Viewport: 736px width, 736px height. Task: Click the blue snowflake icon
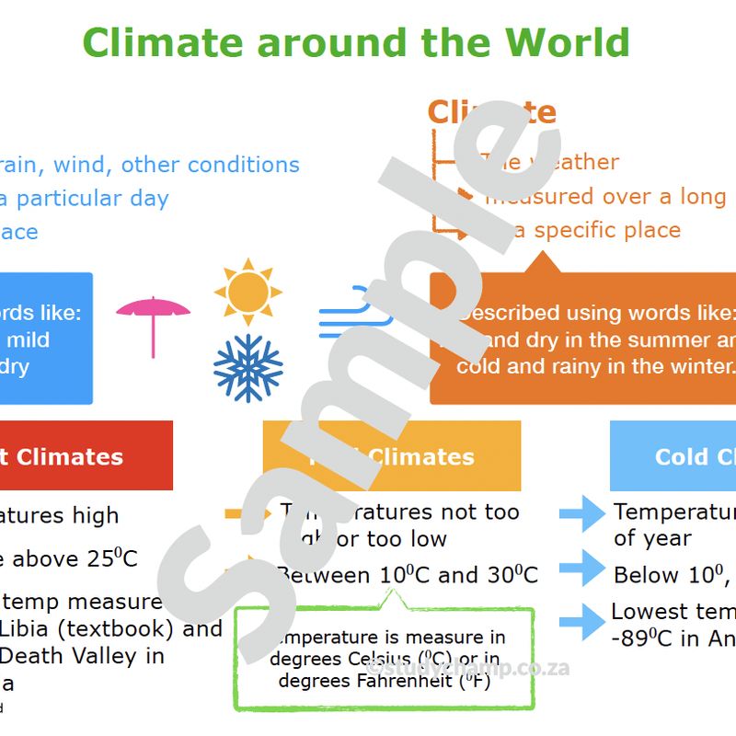(x=247, y=368)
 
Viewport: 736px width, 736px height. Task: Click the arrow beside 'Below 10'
(x=582, y=569)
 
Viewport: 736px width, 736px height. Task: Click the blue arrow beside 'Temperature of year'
(x=582, y=515)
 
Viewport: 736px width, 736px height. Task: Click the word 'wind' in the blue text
(x=83, y=165)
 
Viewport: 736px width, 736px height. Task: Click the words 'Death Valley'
(x=54, y=656)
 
